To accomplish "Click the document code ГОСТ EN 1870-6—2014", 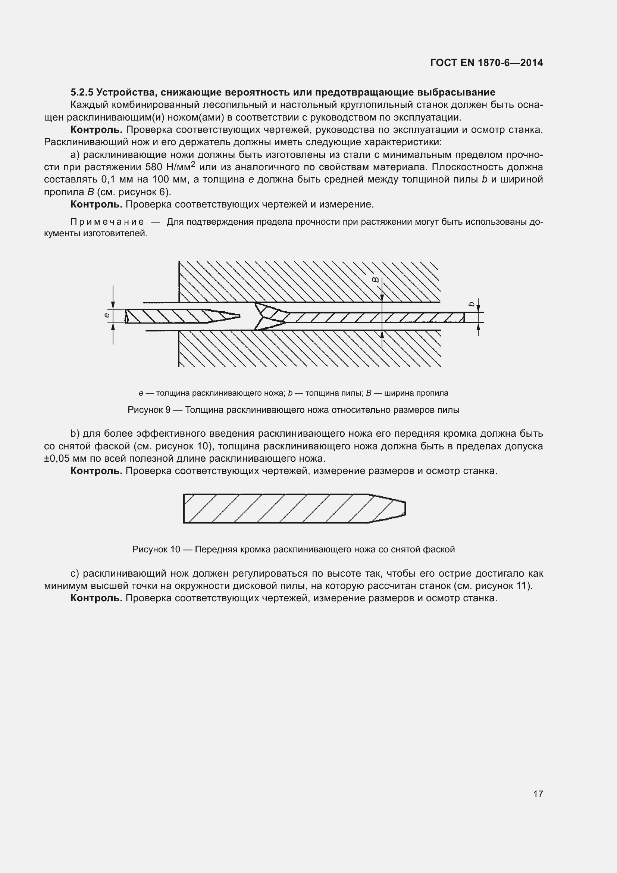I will coord(486,63).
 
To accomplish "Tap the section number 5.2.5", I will coord(82,93).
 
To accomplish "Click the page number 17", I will coord(538,794).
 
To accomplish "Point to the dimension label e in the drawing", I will coord(107,315).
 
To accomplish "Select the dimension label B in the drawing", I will coord(375,280).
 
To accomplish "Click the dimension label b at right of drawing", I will coord(472,304).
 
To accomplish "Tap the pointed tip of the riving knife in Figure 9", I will coord(238,316).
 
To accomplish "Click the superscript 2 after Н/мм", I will coord(192,164).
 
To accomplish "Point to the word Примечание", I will coord(107,222).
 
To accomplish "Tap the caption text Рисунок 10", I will coord(156,549).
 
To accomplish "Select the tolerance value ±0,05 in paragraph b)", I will coord(57,459).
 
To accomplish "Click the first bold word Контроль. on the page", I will coord(96,130).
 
